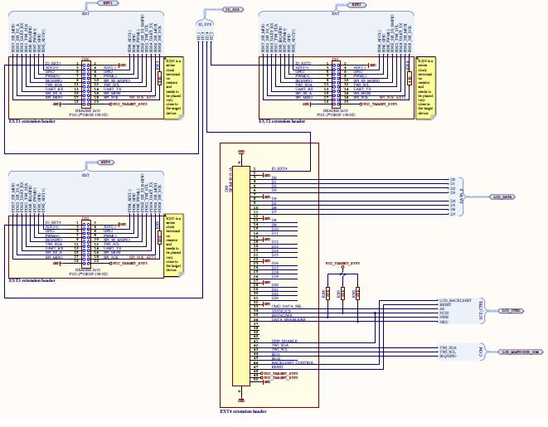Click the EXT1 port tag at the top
click(109, 4)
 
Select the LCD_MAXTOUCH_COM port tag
click(519, 352)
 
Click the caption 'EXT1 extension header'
click(32, 120)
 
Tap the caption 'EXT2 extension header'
click(283, 120)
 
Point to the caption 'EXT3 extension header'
click(32, 281)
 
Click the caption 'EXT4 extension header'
click(242, 410)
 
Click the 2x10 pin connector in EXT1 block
click(85, 82)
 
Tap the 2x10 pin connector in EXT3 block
click(85, 242)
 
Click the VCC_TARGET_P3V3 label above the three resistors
click(342, 263)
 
